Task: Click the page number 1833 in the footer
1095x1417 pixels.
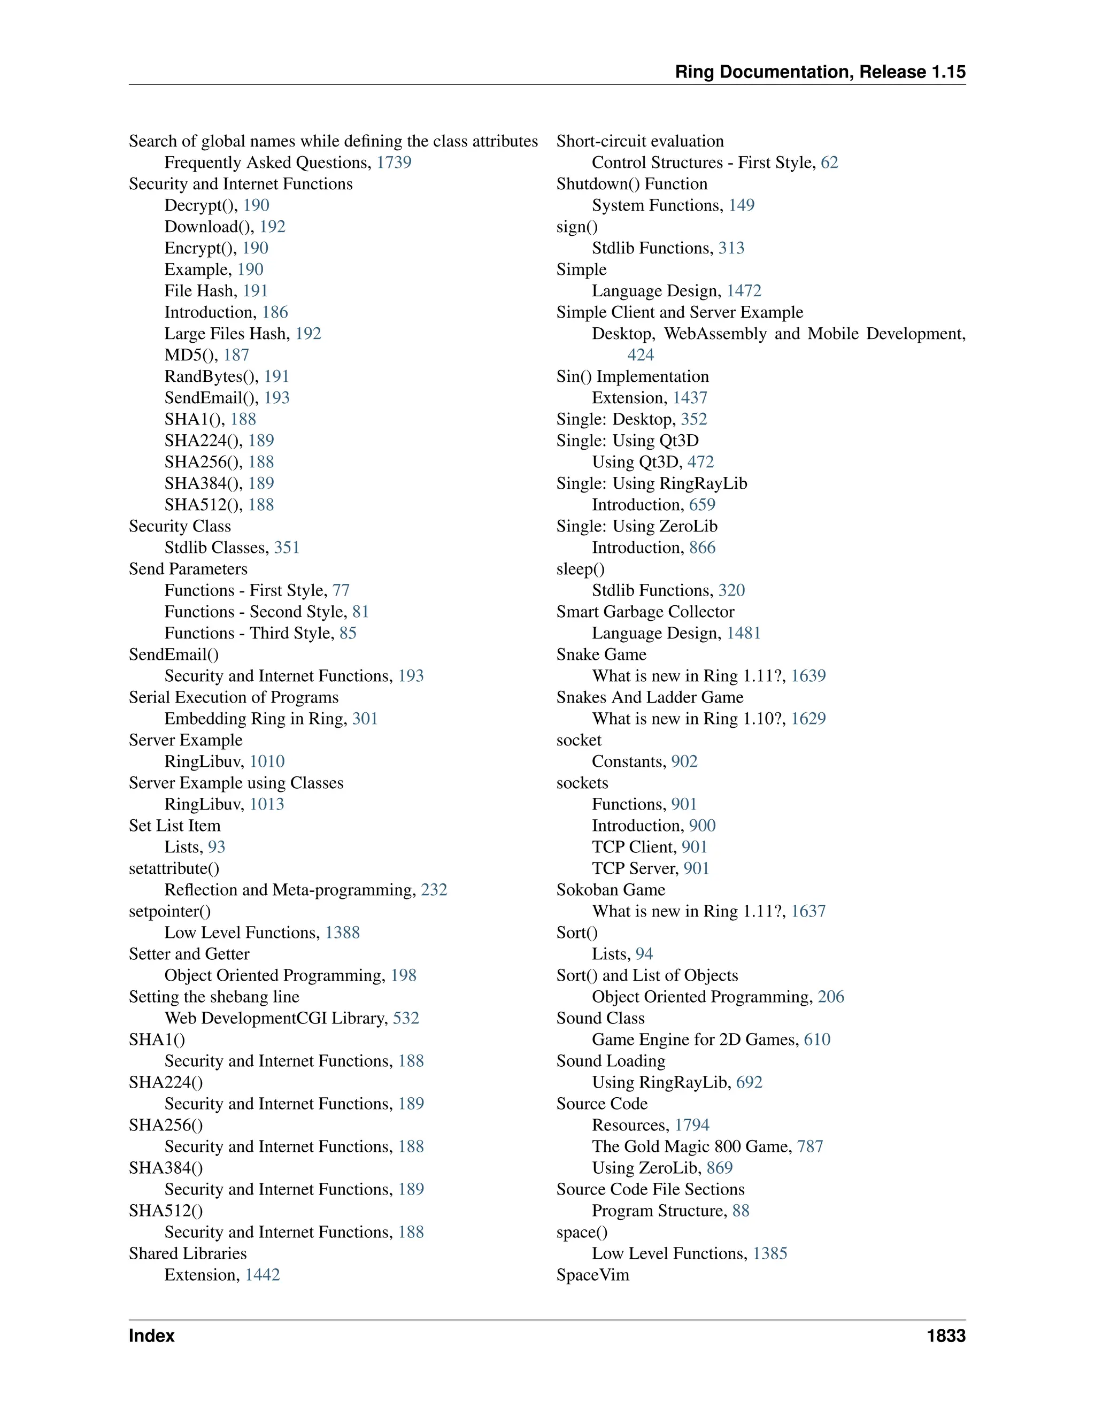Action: pyautogui.click(x=946, y=1336)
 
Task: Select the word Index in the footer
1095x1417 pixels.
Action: pyautogui.click(x=152, y=1336)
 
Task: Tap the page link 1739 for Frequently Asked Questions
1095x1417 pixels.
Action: pyautogui.click(x=394, y=162)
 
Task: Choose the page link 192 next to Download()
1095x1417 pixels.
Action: pyautogui.click(x=273, y=226)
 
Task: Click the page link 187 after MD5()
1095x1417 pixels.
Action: pyautogui.click(x=236, y=355)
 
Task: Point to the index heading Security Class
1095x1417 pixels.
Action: pyautogui.click(x=180, y=526)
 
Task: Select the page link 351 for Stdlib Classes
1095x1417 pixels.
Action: pyautogui.click(x=287, y=548)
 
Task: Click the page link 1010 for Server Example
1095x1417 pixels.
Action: pyautogui.click(x=267, y=761)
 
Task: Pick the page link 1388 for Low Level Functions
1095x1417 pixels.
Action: pyautogui.click(x=343, y=933)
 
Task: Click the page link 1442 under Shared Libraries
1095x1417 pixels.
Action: pyautogui.click(x=263, y=1275)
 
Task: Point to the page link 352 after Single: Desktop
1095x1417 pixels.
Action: pyautogui.click(x=694, y=419)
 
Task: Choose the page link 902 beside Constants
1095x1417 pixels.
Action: pyautogui.click(x=684, y=761)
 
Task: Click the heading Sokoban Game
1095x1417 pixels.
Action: pyautogui.click(x=611, y=890)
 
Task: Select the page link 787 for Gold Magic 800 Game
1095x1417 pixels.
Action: pyautogui.click(x=810, y=1146)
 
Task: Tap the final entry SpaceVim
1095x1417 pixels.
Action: pyautogui.click(x=592, y=1275)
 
